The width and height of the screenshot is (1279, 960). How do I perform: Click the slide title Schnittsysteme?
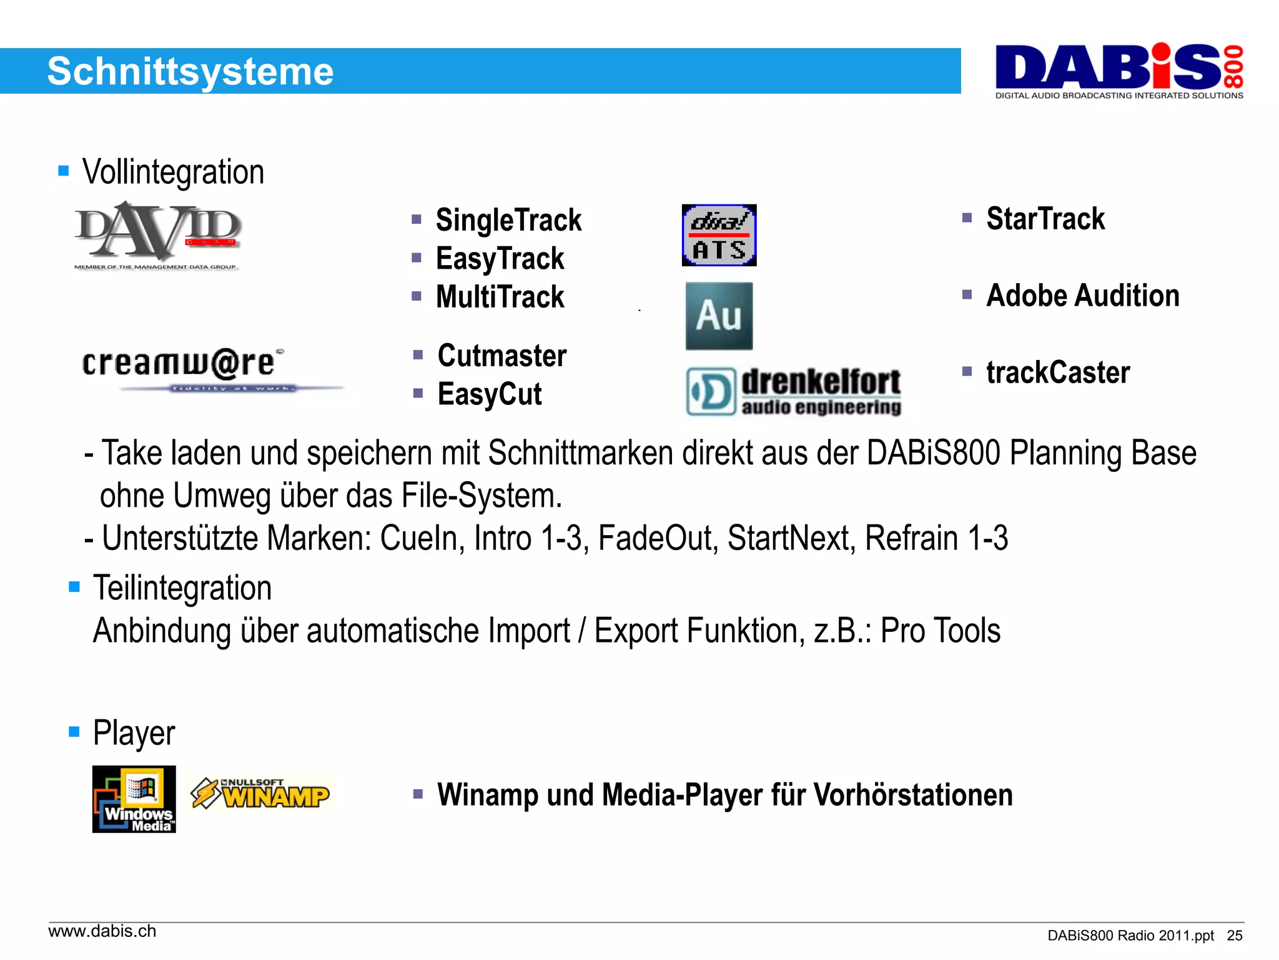pyautogui.click(x=190, y=71)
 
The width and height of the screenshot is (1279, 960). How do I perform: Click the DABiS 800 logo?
pyautogui.click(x=1119, y=71)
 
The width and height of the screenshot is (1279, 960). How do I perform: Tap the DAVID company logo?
pyautogui.click(x=157, y=234)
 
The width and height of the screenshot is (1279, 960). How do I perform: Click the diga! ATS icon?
pyautogui.click(x=719, y=235)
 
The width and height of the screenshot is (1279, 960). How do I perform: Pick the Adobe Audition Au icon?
pyautogui.click(x=719, y=316)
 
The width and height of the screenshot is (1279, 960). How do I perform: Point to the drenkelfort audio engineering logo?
pyautogui.click(x=793, y=391)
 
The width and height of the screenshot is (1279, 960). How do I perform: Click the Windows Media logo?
pyautogui.click(x=134, y=799)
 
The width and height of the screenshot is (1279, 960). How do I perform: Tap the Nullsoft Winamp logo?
pyautogui.click(x=260, y=794)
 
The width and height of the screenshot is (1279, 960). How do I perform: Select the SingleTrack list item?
pyautogui.click(x=508, y=220)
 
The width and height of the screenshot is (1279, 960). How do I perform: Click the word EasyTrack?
pyautogui.click(x=500, y=259)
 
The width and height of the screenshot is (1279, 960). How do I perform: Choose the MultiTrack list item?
pyautogui.click(x=500, y=297)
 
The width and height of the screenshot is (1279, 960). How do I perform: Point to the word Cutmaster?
pyautogui.click(x=502, y=356)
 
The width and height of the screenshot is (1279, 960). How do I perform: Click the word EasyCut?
pyautogui.click(x=490, y=394)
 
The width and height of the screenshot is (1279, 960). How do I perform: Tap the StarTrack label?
pyautogui.click(x=1045, y=219)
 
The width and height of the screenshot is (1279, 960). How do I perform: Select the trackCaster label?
pyautogui.click(x=1058, y=372)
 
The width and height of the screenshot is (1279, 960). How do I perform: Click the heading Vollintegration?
pyautogui.click(x=173, y=172)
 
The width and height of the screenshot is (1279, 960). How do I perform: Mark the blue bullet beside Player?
pyautogui.click(x=74, y=731)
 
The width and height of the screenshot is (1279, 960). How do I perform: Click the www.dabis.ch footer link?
pyautogui.click(x=102, y=931)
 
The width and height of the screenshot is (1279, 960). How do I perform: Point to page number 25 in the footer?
pyautogui.click(x=1235, y=936)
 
